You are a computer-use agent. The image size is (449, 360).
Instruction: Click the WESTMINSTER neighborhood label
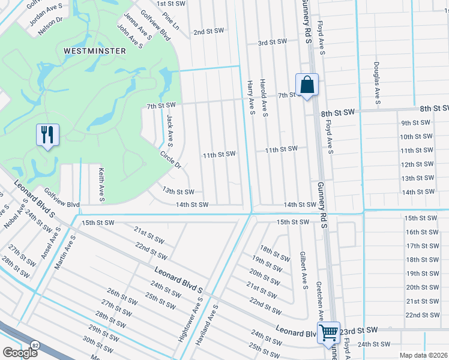[x=95, y=51]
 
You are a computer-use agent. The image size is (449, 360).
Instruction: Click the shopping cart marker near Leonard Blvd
[x=329, y=332]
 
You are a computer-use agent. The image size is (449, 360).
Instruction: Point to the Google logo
[x=20, y=353]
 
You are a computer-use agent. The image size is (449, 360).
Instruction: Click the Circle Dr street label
[x=170, y=159]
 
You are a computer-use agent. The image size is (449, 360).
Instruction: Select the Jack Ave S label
[x=170, y=131]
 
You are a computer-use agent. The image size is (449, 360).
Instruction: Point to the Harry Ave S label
[x=252, y=99]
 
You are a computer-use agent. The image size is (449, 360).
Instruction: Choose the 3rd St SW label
[x=272, y=43]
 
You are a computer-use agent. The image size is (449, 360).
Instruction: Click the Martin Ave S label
[x=64, y=253]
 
